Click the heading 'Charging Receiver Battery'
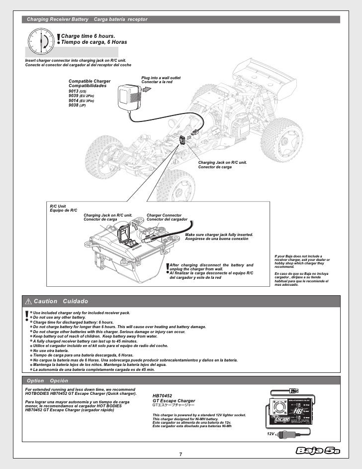57,19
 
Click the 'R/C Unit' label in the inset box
58,206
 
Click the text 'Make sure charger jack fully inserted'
219,234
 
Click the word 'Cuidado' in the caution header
76,302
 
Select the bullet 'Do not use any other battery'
59,318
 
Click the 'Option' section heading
36,380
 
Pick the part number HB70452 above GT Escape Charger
163,395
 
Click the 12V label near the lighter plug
270,434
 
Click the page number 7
181,454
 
